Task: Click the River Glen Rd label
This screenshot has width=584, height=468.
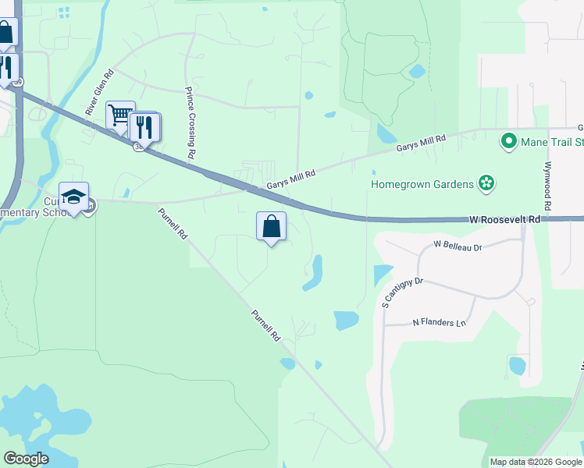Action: pyautogui.click(x=100, y=93)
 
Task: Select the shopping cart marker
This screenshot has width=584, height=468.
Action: pyautogui.click(x=120, y=115)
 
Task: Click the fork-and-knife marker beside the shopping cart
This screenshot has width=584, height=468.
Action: pyautogui.click(x=145, y=126)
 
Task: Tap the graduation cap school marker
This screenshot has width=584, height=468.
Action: pyautogui.click(x=73, y=197)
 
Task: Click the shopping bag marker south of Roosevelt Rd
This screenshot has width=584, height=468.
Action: pyautogui.click(x=271, y=227)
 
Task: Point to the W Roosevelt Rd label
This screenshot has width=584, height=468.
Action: pyautogui.click(x=505, y=221)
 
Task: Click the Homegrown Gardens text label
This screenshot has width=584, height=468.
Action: pyautogui.click(x=422, y=184)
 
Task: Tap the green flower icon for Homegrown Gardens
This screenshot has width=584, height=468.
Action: pyautogui.click(x=487, y=183)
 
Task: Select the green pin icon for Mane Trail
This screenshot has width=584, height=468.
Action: pyautogui.click(x=509, y=142)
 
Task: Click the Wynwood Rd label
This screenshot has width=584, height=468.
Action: pyautogui.click(x=549, y=186)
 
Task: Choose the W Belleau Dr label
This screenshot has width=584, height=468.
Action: pyautogui.click(x=459, y=246)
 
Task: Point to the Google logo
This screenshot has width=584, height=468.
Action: pyautogui.click(x=26, y=458)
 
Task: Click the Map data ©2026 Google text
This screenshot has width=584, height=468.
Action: pyautogui.click(x=536, y=462)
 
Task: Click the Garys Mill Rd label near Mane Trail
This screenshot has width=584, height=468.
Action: pyautogui.click(x=420, y=143)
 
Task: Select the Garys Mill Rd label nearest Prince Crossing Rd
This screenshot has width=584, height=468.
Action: pyautogui.click(x=290, y=180)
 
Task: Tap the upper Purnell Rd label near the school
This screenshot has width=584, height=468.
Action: pyautogui.click(x=173, y=223)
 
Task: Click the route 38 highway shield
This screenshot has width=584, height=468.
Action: pyautogui.click(x=139, y=147)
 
